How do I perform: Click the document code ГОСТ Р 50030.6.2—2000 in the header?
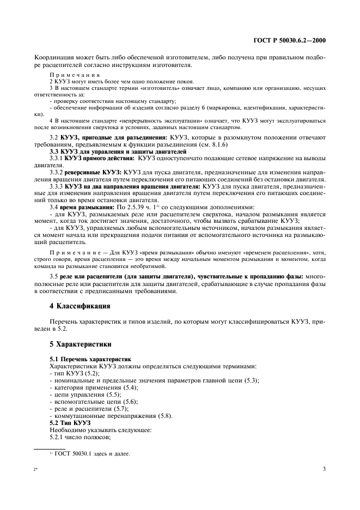tap(293, 40)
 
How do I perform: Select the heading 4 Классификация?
tap(80, 306)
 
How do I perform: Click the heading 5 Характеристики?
tap(81, 344)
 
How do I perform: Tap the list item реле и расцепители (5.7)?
tap(89, 409)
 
